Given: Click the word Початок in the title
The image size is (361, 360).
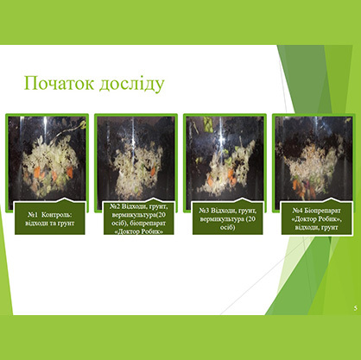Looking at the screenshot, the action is point(59,83).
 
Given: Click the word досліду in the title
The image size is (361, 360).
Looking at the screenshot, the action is point(132,84).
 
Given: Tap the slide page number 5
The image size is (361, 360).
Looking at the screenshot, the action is point(356,308).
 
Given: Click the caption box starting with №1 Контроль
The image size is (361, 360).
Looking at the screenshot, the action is point(50,218).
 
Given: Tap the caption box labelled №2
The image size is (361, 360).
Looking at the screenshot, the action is point(139,218).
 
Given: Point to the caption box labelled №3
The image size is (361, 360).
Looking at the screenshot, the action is point(228,218).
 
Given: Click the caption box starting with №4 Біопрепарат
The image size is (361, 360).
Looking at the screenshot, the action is point(317,218).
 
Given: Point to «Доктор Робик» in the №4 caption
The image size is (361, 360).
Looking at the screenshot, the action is point(317,219).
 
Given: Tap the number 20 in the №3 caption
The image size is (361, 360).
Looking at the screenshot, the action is point(251,219).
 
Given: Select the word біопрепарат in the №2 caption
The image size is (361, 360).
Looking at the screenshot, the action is point(149,224).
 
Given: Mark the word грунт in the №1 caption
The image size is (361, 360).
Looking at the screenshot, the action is point(67,224).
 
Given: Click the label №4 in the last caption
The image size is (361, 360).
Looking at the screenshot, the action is point(298,211).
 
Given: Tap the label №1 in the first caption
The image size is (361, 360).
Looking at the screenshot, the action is point(33,215).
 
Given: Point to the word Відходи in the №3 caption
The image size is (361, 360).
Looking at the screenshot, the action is point(223,211).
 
